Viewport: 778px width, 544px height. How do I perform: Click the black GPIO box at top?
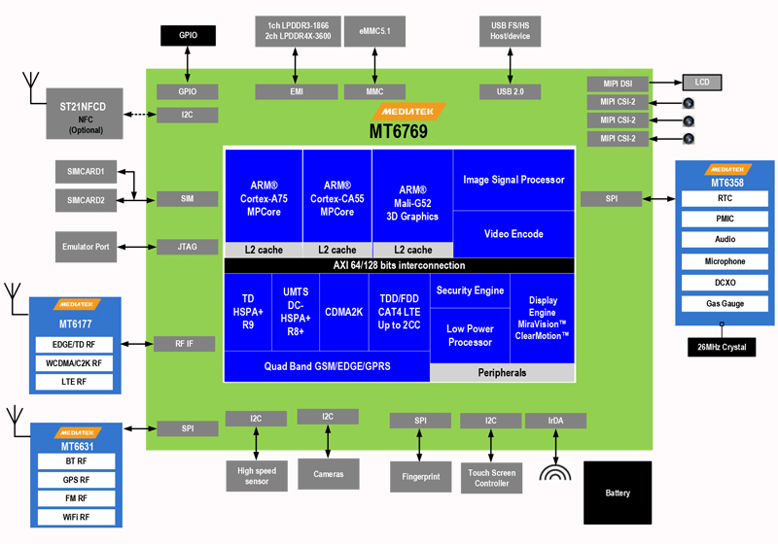pos(188,35)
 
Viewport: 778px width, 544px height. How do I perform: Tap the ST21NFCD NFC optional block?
pos(86,113)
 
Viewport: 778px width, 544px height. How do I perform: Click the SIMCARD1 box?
pos(87,172)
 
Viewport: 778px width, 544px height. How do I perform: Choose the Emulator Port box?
pos(87,246)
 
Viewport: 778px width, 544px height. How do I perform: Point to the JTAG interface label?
pos(188,247)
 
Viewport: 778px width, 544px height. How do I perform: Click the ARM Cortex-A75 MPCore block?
pos(263,194)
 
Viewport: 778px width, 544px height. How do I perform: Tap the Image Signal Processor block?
pos(513,180)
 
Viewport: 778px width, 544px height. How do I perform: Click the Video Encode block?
pos(513,234)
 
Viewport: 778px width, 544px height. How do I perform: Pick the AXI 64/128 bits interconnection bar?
pos(400,265)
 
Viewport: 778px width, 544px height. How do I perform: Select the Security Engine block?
pos(470,290)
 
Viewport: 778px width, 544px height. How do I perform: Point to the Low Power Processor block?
pos(470,335)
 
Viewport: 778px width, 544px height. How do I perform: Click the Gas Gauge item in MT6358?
pos(725,304)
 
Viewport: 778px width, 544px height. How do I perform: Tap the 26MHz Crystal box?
pos(725,346)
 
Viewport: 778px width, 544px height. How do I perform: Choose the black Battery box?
pos(617,493)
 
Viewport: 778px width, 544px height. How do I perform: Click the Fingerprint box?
pos(421,477)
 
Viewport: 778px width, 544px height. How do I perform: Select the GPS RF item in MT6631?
pos(77,479)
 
